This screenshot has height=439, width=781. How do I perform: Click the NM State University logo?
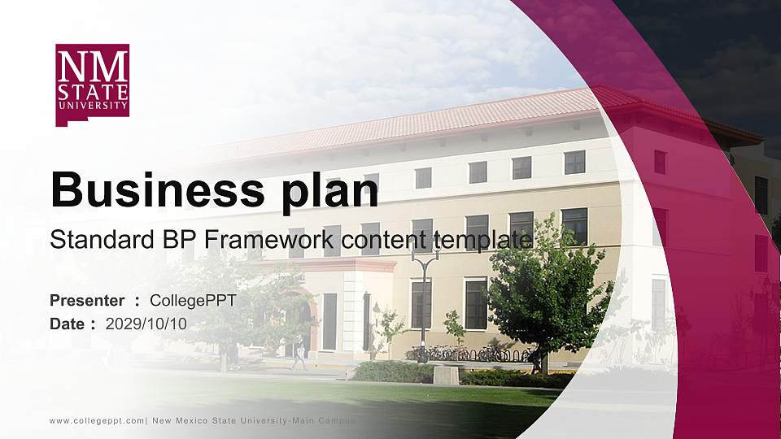click(x=92, y=85)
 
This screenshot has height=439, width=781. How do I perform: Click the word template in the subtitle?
click(x=483, y=240)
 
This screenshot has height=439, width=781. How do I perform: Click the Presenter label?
click(x=87, y=301)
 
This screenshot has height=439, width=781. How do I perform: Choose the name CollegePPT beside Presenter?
click(x=194, y=301)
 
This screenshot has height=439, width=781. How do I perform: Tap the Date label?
click(x=68, y=324)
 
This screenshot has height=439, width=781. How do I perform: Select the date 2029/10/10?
click(x=146, y=324)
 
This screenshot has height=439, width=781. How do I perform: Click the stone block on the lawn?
click(x=446, y=375)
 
